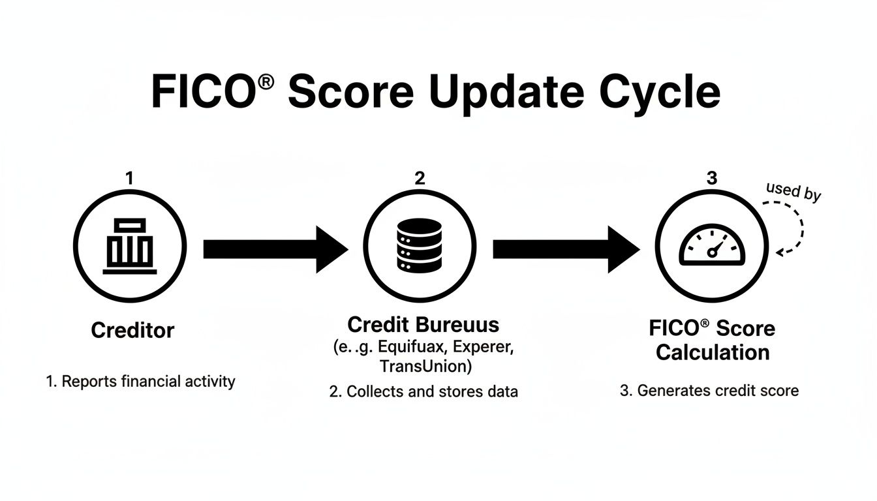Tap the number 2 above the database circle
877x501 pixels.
420,177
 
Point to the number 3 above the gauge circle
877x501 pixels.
712,177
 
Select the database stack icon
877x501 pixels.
419,245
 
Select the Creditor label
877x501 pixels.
132,330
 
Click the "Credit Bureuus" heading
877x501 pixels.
423,325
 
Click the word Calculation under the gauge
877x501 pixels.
712,353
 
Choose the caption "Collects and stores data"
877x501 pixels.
423,391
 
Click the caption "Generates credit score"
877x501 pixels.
709,391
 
